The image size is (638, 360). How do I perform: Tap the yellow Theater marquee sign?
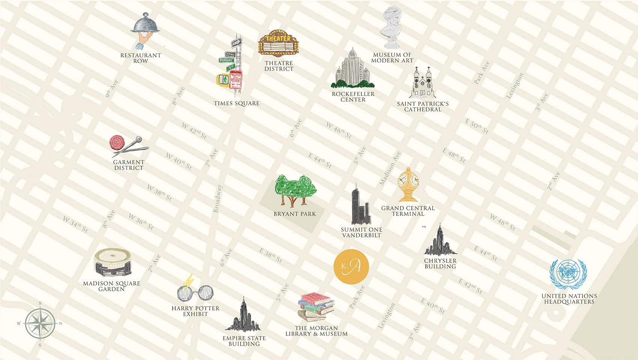click(x=278, y=42)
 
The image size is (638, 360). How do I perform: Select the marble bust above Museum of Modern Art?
click(x=392, y=27)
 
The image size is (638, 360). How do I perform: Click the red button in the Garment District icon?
click(x=117, y=142)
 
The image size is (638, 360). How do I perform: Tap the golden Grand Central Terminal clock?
click(x=408, y=184)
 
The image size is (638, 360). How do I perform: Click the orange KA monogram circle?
click(x=351, y=266)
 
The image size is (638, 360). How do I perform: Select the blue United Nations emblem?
click(x=568, y=273)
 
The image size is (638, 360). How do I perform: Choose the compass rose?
click(x=40, y=323)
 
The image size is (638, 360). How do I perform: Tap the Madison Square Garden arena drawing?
click(x=112, y=263)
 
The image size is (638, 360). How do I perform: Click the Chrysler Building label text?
click(x=440, y=264)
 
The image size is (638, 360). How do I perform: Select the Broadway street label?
click(x=218, y=199)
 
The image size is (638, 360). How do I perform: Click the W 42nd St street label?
click(x=194, y=130)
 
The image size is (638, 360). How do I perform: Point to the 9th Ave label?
click(x=111, y=88)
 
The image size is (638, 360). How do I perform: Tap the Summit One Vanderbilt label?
click(x=361, y=232)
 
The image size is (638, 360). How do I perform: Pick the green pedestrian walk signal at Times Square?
click(x=224, y=79)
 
